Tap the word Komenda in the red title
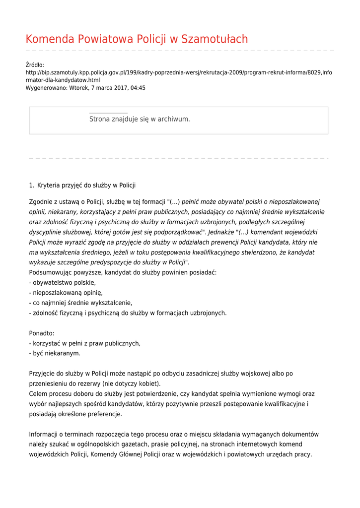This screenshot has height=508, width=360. point(50,40)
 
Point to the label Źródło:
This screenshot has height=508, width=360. point(35,65)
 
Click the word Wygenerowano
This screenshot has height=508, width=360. point(46,88)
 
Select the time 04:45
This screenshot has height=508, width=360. point(138,88)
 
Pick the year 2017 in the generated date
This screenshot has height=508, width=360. point(120,88)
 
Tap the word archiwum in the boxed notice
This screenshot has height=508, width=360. point(174,119)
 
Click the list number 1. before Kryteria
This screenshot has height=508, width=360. point(32,186)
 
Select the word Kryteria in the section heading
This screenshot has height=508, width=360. point(49,186)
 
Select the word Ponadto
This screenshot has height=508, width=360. point(42,333)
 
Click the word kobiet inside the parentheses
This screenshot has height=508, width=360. point(149,384)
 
